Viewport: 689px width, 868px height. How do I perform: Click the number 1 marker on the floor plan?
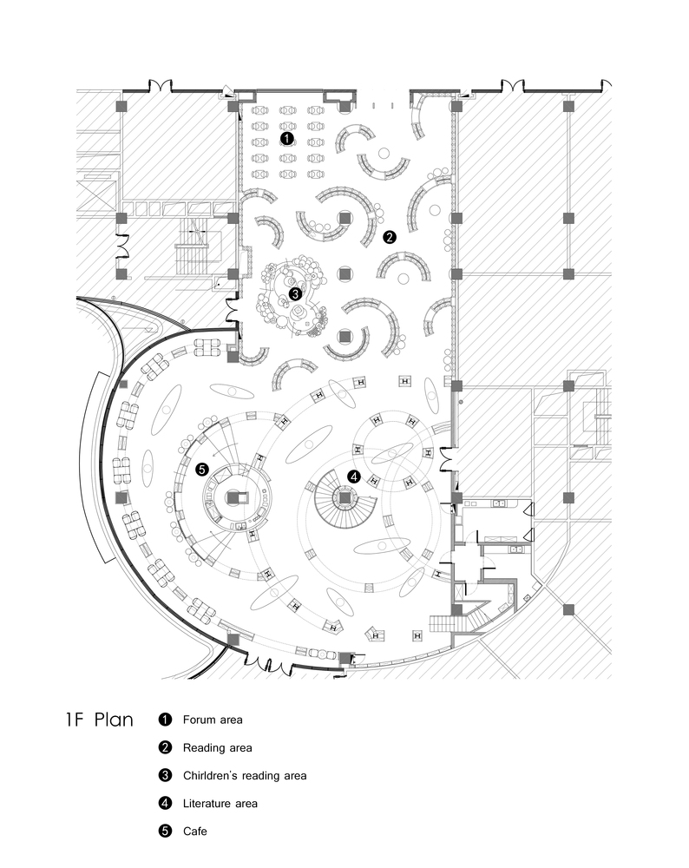point(286,138)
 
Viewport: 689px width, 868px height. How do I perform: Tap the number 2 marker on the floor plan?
point(390,237)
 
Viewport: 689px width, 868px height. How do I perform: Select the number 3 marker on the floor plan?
point(295,293)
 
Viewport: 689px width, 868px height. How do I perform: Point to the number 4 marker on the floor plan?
point(354,476)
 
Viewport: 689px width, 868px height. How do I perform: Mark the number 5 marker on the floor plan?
point(201,470)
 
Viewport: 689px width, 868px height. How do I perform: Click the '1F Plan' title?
point(100,720)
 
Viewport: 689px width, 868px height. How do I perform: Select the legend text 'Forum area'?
point(213,720)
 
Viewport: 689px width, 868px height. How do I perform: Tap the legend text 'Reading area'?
point(218,748)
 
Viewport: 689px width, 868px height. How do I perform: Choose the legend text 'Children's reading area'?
point(245,775)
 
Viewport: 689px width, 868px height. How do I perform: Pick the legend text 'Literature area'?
point(220,803)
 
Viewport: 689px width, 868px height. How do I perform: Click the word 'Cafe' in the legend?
point(194,831)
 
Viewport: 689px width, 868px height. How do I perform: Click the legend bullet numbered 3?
point(165,775)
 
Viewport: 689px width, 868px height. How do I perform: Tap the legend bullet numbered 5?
point(165,831)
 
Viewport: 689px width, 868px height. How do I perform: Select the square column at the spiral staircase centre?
point(344,497)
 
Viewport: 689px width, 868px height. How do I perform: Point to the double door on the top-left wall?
point(161,85)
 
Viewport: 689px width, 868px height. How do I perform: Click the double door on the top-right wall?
point(513,85)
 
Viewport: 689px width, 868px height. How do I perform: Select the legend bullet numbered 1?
point(165,720)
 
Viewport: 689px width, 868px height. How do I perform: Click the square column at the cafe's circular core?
point(233,497)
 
